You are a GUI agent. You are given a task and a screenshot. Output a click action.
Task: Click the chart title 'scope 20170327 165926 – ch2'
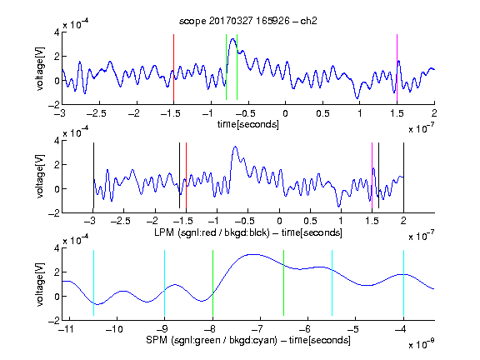248,21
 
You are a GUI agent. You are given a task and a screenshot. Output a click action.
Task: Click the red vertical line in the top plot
173,68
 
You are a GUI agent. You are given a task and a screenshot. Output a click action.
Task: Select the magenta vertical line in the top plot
397,68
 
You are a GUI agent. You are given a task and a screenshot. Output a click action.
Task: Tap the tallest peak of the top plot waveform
233,39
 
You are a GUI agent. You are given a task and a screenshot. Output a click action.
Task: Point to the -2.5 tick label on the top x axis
97,113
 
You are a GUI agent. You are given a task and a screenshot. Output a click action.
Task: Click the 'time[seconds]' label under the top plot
248,124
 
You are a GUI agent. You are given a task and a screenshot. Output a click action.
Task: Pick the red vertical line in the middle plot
186,176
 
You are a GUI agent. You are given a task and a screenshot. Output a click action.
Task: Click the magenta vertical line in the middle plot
372,176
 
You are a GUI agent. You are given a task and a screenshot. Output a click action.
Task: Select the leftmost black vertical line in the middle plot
93,176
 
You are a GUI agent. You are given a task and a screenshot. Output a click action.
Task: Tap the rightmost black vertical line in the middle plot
403,176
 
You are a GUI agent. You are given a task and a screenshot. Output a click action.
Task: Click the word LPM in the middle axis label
164,232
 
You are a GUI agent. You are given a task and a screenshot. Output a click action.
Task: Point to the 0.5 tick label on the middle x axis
310,221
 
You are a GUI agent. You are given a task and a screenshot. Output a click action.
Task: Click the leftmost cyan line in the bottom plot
93,282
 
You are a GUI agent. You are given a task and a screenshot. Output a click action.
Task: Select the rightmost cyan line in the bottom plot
403,282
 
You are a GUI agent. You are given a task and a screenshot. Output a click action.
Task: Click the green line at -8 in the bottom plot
212,282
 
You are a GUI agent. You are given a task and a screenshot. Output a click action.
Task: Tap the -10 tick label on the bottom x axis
114,329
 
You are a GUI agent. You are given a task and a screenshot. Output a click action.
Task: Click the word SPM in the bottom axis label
157,340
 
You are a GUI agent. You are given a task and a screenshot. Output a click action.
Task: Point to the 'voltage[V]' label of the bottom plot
40,284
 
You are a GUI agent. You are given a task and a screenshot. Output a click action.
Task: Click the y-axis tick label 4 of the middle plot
57,141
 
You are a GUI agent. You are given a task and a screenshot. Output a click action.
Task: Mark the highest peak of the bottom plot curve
252,254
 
